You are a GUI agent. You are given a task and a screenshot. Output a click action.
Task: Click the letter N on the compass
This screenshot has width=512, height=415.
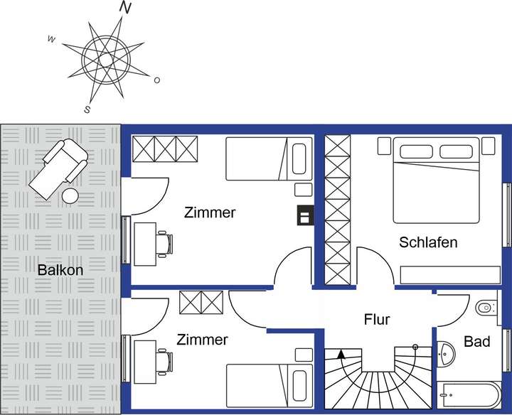126,8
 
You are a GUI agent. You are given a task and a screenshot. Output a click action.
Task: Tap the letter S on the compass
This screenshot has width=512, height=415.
87,109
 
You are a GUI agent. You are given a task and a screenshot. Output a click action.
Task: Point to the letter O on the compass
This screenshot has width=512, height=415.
156,80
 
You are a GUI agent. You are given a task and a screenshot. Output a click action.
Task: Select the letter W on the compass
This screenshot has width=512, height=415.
51,39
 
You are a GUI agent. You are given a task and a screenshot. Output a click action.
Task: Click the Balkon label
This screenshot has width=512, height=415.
60,270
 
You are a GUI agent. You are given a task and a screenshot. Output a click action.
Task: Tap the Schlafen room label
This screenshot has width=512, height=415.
428,242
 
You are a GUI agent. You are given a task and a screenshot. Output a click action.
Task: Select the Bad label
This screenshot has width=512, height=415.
476,342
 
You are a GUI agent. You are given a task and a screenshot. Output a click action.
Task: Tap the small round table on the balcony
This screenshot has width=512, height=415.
71,195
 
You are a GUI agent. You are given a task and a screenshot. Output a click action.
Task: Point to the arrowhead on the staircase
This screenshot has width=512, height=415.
341,352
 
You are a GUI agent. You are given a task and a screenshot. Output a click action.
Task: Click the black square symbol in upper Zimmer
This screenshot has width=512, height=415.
304,215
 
